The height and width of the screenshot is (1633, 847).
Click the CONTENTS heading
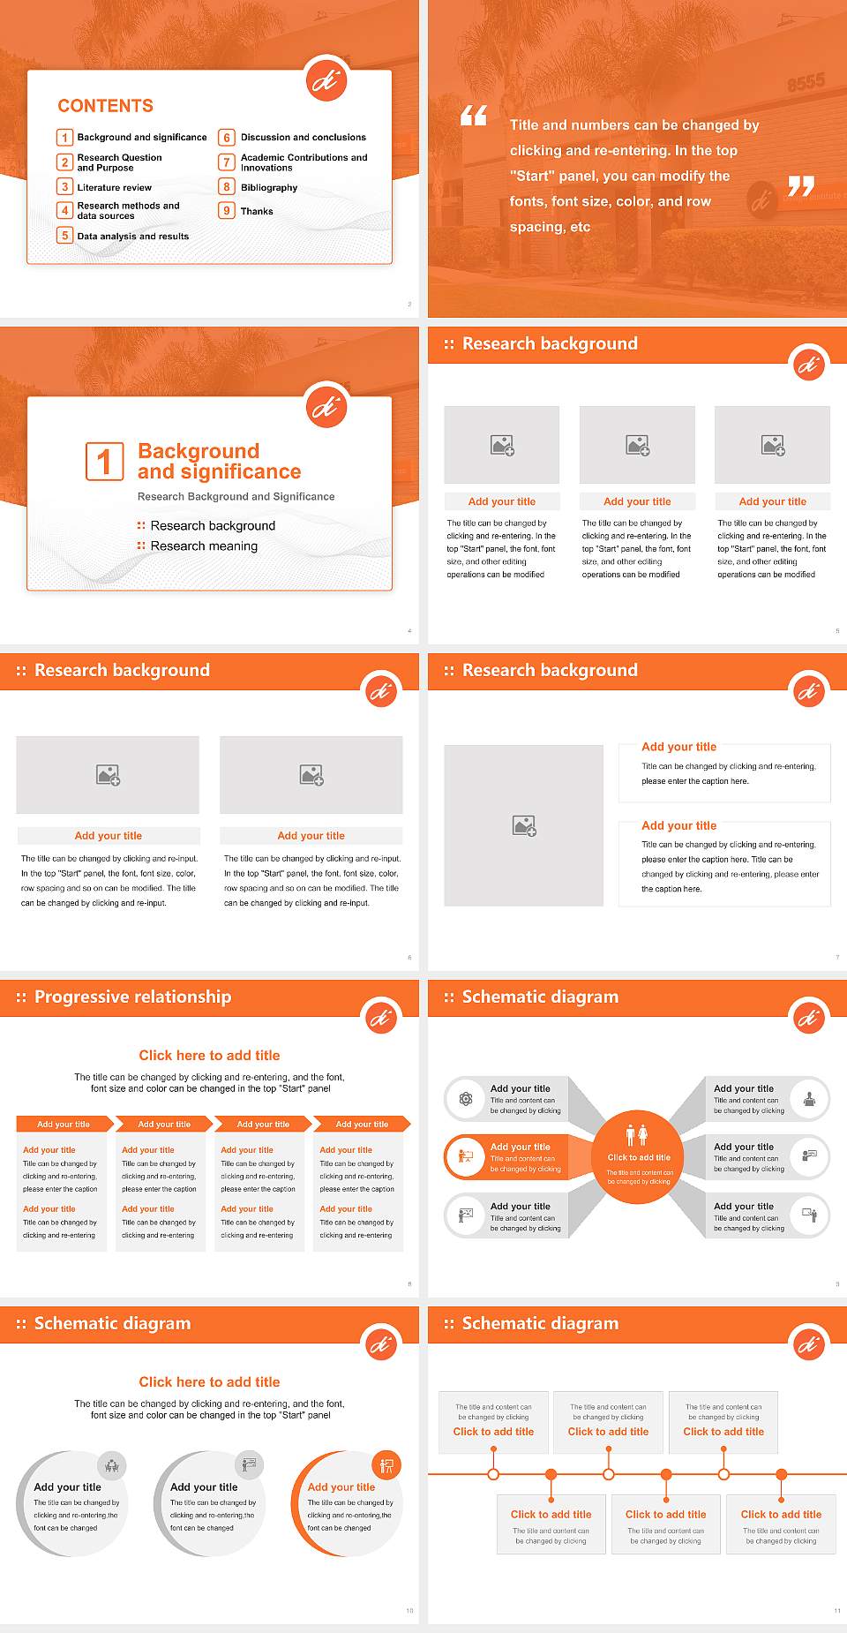tap(105, 106)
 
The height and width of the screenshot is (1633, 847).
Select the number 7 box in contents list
tap(227, 162)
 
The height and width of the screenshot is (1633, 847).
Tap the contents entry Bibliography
tap(268, 188)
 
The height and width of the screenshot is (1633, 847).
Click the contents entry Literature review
tap(114, 188)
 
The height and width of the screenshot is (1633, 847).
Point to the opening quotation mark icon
tap(474, 116)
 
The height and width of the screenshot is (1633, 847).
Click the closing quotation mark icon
tap(800, 186)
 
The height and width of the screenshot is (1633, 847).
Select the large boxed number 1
tap(104, 462)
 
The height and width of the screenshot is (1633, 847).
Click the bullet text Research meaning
tap(204, 546)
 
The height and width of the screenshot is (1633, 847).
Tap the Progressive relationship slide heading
tap(132, 997)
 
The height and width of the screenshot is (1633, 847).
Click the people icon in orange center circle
tap(637, 1135)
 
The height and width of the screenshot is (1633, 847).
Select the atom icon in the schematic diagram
tap(466, 1099)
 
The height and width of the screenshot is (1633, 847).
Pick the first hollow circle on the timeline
tap(493, 1474)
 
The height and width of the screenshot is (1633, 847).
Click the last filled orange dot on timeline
tap(781, 1474)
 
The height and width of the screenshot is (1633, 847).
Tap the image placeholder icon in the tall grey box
tap(524, 826)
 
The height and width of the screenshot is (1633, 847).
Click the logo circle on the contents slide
tap(326, 81)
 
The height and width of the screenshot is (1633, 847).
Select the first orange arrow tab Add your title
tap(64, 1125)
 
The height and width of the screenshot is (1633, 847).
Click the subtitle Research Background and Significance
tap(236, 497)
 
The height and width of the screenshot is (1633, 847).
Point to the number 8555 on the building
tap(806, 83)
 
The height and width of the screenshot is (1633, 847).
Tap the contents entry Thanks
tap(257, 212)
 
